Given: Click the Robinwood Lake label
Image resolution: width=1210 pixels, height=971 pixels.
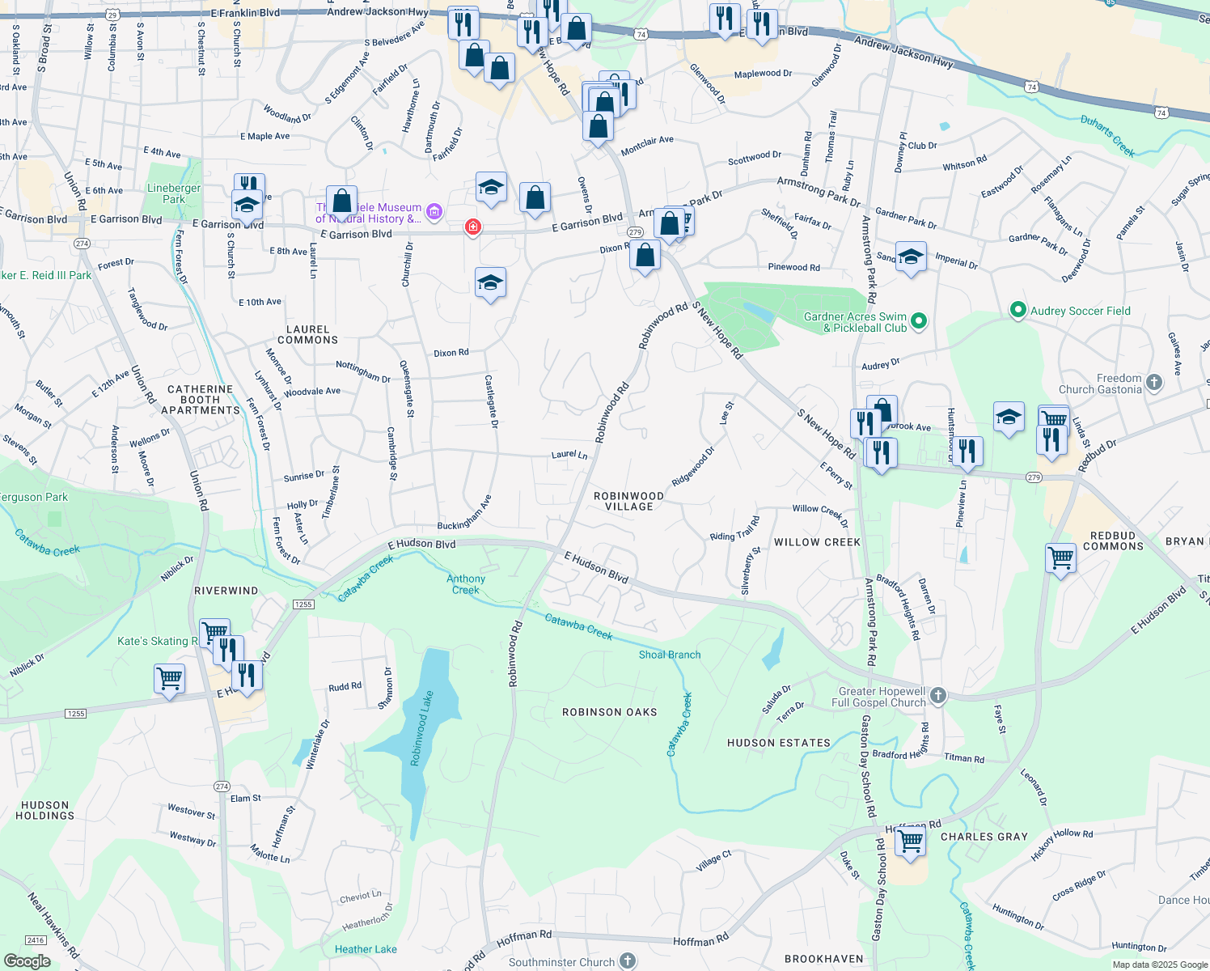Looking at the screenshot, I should click(421, 728).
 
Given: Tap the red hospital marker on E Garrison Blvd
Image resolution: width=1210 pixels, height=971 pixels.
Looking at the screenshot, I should click(472, 227).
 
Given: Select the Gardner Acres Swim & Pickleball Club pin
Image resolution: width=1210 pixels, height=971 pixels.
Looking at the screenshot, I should click(918, 322).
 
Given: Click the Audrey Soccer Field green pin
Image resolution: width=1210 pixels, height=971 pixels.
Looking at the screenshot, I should click(1017, 310).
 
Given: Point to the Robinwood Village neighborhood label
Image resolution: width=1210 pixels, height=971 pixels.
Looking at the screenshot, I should click(628, 501).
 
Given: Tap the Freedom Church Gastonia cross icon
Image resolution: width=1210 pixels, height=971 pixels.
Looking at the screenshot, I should click(1154, 382).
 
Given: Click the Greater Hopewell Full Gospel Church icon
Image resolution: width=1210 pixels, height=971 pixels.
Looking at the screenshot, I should click(937, 695).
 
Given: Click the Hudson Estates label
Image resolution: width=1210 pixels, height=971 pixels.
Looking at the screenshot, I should click(778, 743).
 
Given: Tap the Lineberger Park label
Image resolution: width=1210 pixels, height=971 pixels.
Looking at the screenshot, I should click(174, 193).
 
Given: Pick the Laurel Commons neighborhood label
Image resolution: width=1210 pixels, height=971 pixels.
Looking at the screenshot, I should click(307, 334).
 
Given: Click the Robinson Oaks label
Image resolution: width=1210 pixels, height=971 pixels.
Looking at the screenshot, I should click(609, 712).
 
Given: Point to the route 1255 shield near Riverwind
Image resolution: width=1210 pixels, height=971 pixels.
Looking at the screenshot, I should click(303, 604).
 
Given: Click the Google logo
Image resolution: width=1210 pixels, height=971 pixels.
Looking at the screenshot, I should click(27, 961).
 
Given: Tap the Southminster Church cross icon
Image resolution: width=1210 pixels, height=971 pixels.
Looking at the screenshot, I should click(628, 960).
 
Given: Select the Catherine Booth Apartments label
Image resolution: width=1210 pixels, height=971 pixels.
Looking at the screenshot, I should click(201, 400).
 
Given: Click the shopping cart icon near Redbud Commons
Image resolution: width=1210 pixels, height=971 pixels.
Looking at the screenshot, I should click(1060, 558).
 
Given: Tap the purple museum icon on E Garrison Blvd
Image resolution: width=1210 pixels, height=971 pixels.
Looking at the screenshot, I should click(434, 213).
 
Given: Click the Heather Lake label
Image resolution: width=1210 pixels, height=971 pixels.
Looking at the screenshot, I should click(366, 949).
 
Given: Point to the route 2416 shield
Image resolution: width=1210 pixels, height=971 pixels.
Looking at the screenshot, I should click(36, 940).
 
